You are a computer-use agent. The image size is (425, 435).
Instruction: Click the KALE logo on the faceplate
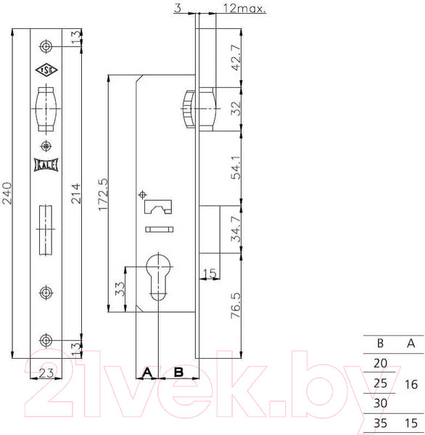tap(46, 164)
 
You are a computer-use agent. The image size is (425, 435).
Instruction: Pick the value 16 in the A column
tap(411, 384)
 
